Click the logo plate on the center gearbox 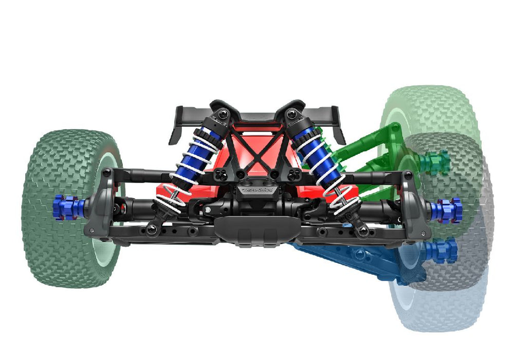coord(256,189)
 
